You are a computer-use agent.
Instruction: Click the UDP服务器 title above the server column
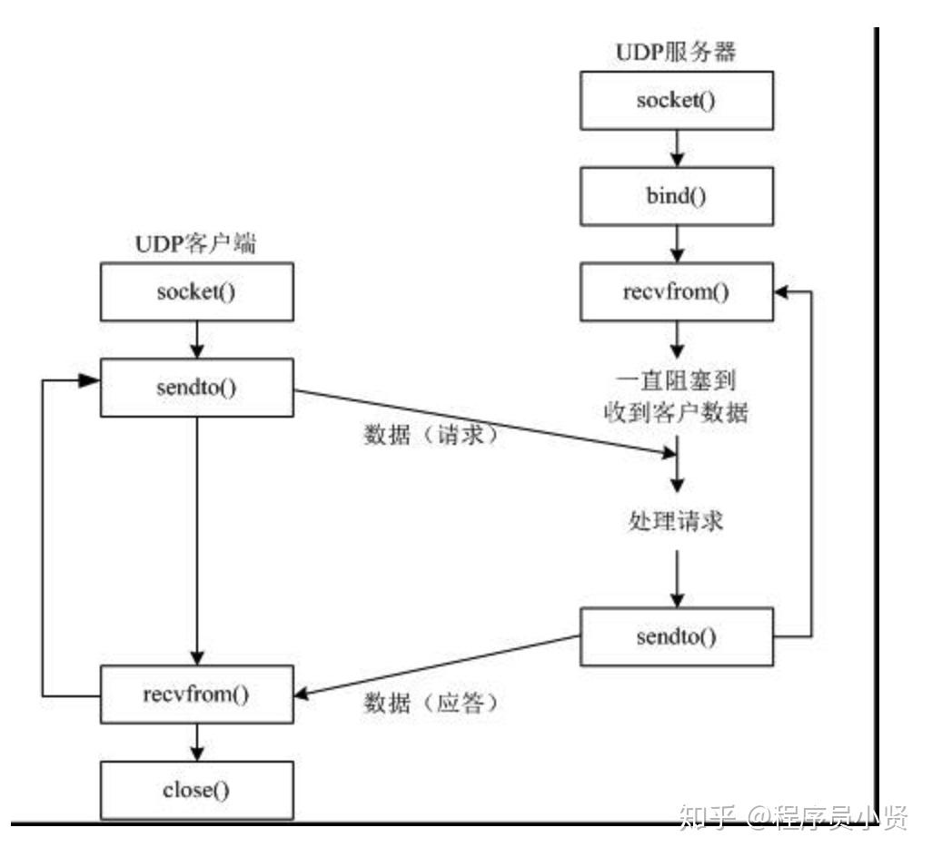click(x=676, y=53)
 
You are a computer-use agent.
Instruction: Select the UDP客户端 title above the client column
click(x=195, y=243)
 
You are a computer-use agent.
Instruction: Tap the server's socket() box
click(x=677, y=101)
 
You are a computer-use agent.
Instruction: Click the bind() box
click(x=677, y=196)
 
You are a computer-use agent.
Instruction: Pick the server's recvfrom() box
click(x=677, y=291)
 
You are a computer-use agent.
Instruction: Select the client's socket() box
click(x=197, y=291)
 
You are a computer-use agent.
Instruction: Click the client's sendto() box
click(x=197, y=388)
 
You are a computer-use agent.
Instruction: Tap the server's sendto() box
click(x=677, y=636)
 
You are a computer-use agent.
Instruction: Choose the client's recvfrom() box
click(x=197, y=694)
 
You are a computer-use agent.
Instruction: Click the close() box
click(x=197, y=791)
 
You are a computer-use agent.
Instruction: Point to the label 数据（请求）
click(x=431, y=435)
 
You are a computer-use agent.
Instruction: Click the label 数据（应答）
click(x=431, y=704)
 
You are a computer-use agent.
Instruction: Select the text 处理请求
click(x=676, y=521)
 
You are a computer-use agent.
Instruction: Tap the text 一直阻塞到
click(x=676, y=380)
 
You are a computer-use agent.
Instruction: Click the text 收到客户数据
click(x=676, y=411)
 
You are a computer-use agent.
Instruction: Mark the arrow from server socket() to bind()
click(x=677, y=149)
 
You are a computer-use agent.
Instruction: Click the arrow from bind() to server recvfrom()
click(x=677, y=244)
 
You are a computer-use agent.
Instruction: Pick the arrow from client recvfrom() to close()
click(x=197, y=743)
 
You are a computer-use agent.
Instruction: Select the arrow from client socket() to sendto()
click(x=197, y=340)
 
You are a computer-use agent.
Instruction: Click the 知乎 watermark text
click(x=708, y=817)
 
